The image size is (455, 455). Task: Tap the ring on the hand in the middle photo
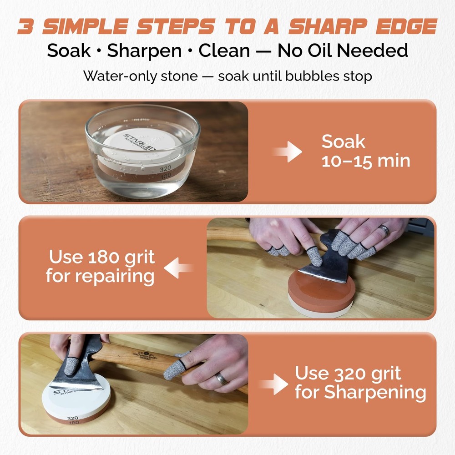(x=385, y=231)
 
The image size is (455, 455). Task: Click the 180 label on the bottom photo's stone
(x=72, y=423)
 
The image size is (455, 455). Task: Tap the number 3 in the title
(x=28, y=26)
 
